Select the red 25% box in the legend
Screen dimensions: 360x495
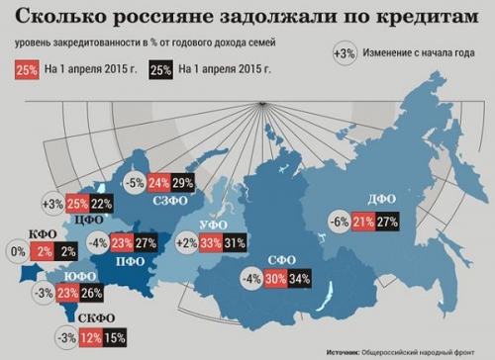coord(27,70)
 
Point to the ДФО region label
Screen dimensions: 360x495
coord(380,197)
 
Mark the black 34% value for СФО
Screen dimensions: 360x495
coord(300,279)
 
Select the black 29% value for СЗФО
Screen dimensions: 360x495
coord(182,183)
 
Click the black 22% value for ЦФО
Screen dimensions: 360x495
coord(102,203)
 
